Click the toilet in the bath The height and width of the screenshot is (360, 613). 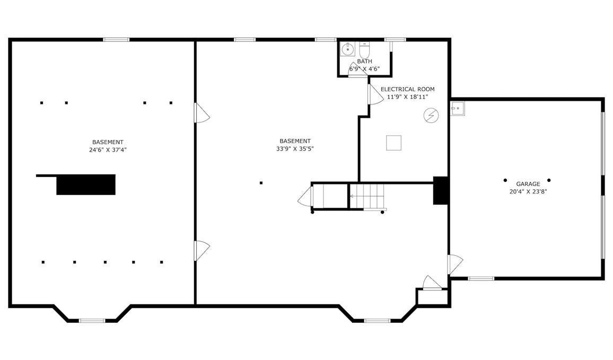coord(364,50)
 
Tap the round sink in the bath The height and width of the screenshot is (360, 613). coord(347,49)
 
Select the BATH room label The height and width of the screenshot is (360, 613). coord(364,62)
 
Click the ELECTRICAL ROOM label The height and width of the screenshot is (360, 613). coord(407,89)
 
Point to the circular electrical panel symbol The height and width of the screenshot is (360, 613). coord(431,115)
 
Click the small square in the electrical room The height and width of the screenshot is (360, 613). coord(393,143)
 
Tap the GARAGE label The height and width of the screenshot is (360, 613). coord(528,184)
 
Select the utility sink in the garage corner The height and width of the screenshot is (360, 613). coord(458,109)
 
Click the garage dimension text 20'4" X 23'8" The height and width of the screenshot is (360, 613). coord(528,191)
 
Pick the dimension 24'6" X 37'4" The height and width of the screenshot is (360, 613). coord(108,150)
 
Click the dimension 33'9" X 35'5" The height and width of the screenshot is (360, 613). coord(295,148)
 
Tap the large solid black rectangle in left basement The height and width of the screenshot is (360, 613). coord(86,185)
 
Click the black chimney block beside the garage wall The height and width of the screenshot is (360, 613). coord(441,190)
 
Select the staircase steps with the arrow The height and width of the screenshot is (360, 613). coord(367,196)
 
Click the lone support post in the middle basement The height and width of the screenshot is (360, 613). coord(261,182)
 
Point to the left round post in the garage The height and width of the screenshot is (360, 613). coord(505,180)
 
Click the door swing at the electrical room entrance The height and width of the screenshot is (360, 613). coord(376,94)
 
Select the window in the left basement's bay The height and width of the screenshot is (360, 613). coord(92,321)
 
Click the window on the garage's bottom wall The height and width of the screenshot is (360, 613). coord(481,278)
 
